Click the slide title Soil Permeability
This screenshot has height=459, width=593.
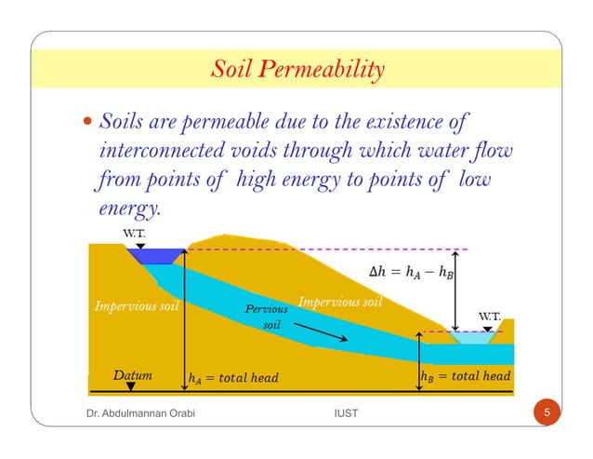click(296, 70)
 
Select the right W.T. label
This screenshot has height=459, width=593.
click(490, 316)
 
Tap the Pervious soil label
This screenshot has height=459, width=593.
click(265, 317)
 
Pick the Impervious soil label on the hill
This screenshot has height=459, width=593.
click(340, 303)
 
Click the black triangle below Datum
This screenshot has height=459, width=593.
click(132, 385)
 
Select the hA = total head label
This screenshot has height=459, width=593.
click(232, 377)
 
